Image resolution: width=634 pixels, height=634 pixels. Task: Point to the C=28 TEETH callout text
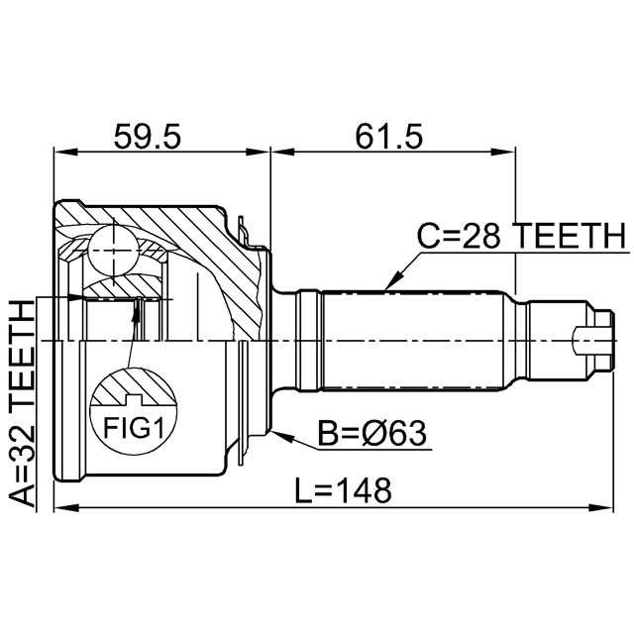pyautogui.click(x=520, y=236)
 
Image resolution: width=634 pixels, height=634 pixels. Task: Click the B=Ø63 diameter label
pyautogui.click(x=370, y=434)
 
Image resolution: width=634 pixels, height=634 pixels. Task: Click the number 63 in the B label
pyautogui.click(x=407, y=434)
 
